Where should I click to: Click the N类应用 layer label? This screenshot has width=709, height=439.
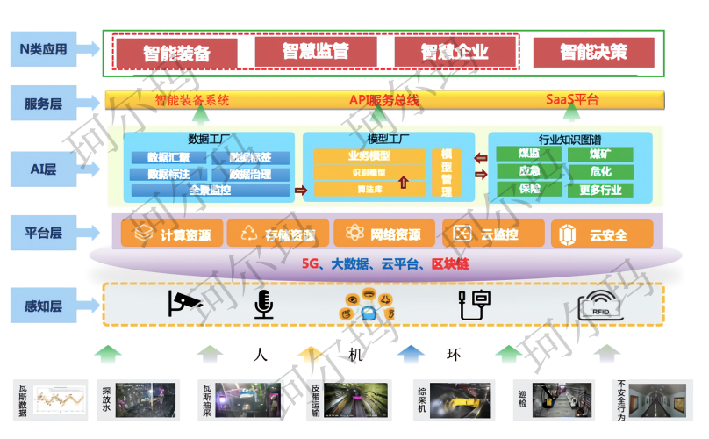pyautogui.click(x=43, y=49)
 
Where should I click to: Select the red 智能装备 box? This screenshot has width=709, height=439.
pyautogui.click(x=176, y=53)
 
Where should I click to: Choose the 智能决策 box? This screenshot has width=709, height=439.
pyautogui.click(x=593, y=53)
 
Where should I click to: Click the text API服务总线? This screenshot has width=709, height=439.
pyautogui.click(x=384, y=100)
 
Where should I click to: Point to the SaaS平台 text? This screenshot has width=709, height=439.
pyautogui.click(x=572, y=100)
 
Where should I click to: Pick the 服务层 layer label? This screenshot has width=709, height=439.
pyautogui.click(x=43, y=104)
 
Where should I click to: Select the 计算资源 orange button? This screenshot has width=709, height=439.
pyautogui.click(x=171, y=234)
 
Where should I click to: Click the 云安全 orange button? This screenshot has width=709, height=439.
pyautogui.click(x=602, y=234)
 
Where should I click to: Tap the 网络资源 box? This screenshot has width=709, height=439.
pyautogui.click(x=383, y=234)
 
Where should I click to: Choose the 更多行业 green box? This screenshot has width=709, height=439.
pyautogui.click(x=600, y=189)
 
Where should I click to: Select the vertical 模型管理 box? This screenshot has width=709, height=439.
pyautogui.click(x=446, y=172)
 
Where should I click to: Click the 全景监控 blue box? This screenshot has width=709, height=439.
pyautogui.click(x=210, y=190)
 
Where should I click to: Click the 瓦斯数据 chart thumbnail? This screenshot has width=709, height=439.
pyautogui.click(x=59, y=399)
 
